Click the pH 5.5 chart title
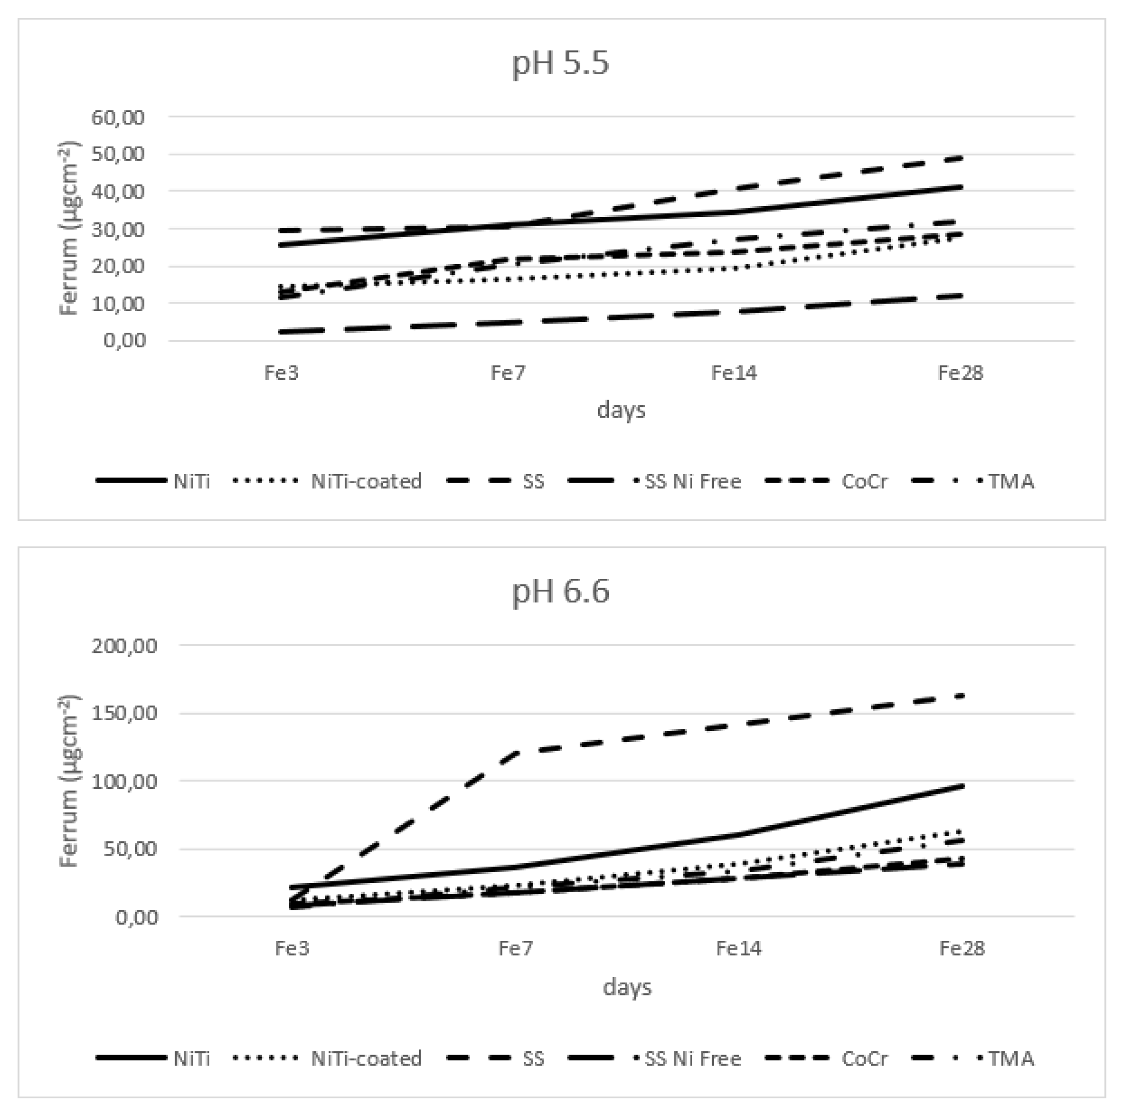pos(560,63)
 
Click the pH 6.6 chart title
pos(560,591)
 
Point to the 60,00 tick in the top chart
pos(118,117)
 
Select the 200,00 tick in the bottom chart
pos(124,645)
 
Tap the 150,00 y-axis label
pos(124,713)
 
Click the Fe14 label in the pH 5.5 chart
pos(734,373)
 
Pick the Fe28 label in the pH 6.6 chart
pos(961,948)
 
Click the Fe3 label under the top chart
pos(281,373)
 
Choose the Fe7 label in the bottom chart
pos(515,948)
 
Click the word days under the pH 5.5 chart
pos(621,411)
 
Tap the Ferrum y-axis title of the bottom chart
pos(69,781)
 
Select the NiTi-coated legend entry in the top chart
pos(366,481)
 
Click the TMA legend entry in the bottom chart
pos(1011,1058)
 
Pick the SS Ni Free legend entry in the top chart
pos(693,481)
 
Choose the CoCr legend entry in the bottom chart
pos(864,1058)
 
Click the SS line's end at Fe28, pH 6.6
pos(961,695)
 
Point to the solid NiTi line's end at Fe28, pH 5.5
pos(961,187)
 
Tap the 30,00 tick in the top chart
pos(118,229)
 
